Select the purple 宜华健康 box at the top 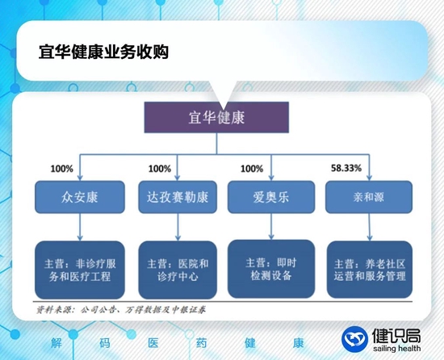(x=216, y=117)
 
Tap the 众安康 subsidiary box (x=78, y=196)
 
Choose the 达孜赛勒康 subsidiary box (x=176, y=196)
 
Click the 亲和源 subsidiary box (x=367, y=196)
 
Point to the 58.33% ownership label (x=346, y=170)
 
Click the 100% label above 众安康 (x=62, y=170)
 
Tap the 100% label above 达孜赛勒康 (x=160, y=170)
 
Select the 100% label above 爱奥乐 (x=252, y=170)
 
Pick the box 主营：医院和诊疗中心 (x=178, y=270)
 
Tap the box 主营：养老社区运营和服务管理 (x=368, y=270)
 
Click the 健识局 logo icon (x=354, y=339)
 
